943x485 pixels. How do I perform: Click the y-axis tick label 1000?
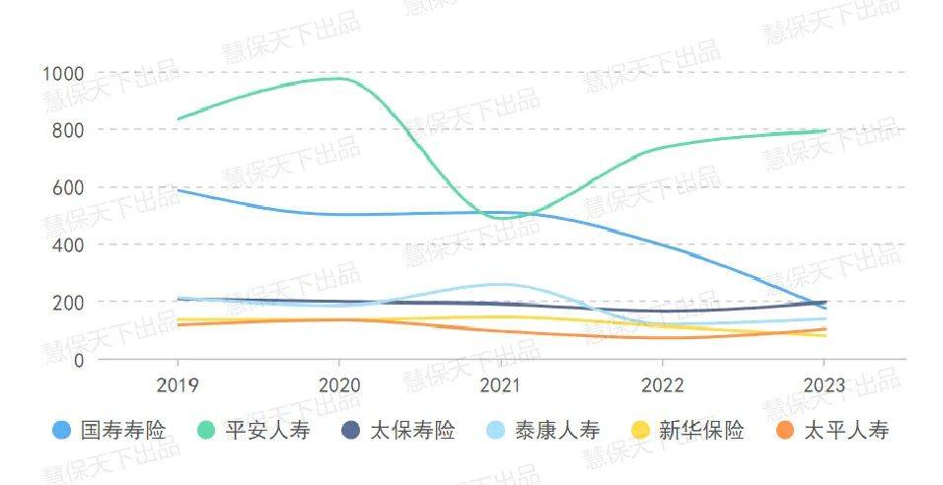[x=63, y=73]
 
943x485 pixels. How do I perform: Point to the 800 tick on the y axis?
[x=67, y=130]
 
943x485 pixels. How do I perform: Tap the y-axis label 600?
[x=67, y=187]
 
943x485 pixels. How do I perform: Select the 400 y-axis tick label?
[x=67, y=244]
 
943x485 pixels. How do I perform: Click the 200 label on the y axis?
[x=67, y=302]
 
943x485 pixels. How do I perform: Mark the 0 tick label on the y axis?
[x=78, y=359]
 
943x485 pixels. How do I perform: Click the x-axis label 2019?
[x=178, y=385]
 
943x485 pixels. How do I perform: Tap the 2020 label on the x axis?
[x=339, y=385]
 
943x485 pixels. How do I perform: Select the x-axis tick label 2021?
[x=501, y=385]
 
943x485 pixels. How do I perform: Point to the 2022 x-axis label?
[x=663, y=385]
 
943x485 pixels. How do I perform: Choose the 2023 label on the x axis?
[x=825, y=385]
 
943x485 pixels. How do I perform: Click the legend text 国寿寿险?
[x=123, y=431]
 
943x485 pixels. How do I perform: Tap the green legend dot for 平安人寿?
[x=206, y=431]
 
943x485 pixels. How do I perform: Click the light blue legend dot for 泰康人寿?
[x=495, y=431]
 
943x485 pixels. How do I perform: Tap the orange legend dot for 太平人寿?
[x=784, y=431]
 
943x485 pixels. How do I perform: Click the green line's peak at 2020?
[x=339, y=78]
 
